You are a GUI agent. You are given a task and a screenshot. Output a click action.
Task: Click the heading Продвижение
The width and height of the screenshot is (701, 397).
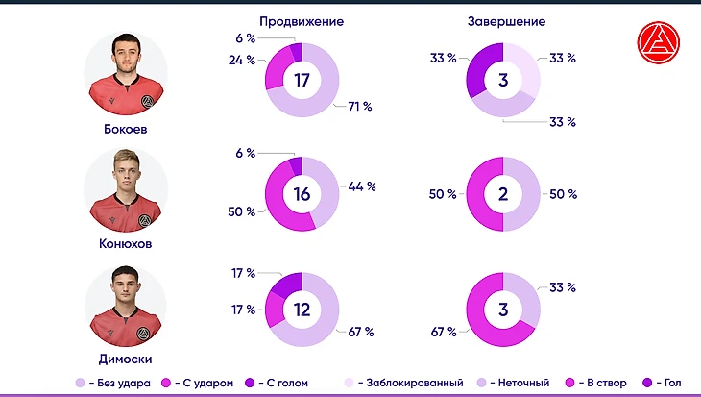pos(302,21)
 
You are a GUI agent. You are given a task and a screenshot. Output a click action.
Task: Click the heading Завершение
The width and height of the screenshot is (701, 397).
pos(507,21)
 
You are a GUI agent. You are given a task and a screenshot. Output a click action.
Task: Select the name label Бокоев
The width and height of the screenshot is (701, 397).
pos(126,128)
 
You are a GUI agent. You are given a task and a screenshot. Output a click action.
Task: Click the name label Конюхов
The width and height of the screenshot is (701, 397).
pos(126,244)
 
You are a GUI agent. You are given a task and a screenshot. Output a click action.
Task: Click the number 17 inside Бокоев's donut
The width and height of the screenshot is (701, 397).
pos(302,81)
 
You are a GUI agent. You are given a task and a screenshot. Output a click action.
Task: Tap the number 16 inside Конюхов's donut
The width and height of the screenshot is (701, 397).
pos(302,194)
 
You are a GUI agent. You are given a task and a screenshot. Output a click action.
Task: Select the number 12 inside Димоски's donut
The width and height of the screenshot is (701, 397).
pos(302,310)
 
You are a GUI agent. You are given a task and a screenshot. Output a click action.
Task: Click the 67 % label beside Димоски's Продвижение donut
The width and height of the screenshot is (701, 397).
pos(360,332)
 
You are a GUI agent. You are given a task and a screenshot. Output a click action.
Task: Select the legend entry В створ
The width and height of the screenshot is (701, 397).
pos(604,383)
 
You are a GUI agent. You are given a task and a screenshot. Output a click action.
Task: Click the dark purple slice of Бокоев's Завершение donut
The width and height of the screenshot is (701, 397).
pos(483,67)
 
